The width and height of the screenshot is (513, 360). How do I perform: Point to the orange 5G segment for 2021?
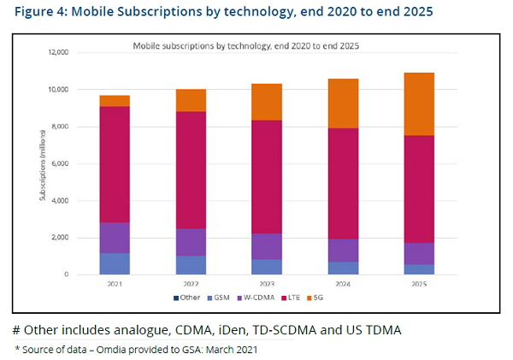pos(115,101)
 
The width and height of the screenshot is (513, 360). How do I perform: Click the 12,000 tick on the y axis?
pos(56,52)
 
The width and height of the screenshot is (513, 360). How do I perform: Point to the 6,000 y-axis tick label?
pos(58,163)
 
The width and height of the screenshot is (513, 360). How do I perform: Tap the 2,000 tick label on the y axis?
pos(58,238)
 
